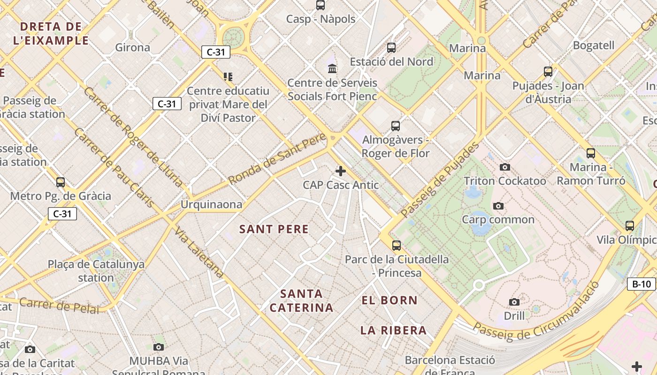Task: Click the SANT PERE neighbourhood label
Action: pos(274,229)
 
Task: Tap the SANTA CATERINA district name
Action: pos(301,301)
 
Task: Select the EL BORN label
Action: pos(390,300)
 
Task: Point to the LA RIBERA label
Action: pos(393,330)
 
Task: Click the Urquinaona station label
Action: pos(212,204)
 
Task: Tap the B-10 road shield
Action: pos(641,284)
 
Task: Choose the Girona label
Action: pos(132,47)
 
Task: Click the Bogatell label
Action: pos(594,45)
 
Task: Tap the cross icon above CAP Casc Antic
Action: pos(341,171)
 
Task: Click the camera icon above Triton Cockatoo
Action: pos(505,167)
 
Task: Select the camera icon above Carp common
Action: pos(498,206)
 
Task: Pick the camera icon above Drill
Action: pos(514,302)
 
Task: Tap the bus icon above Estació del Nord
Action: pos(391,48)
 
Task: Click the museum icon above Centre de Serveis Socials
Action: pos(332,69)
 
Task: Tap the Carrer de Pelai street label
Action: pos(59,306)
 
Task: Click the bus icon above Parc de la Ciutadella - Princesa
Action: pos(397,246)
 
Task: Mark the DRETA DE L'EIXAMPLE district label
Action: pos(51,33)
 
